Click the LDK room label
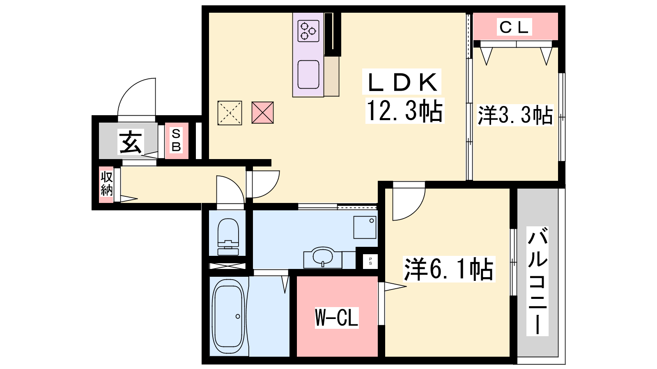point(402,82)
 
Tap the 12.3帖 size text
point(404,110)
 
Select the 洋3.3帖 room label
point(515,115)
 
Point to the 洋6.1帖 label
point(449,269)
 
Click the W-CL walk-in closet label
point(336,317)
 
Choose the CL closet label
point(514,27)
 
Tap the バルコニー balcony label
point(538,281)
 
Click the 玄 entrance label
point(131,142)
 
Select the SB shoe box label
point(176,141)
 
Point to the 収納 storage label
point(106,184)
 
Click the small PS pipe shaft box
point(370,261)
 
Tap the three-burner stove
point(308,31)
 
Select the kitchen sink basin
point(308,74)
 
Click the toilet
point(228,237)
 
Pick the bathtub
point(228,317)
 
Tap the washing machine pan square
point(365,227)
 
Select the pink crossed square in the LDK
point(262,112)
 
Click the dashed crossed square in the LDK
point(230,113)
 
